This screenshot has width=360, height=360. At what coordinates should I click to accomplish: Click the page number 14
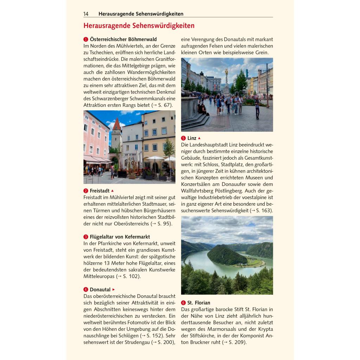tap(86, 14)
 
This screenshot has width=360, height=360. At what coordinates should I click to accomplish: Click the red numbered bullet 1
tap(85, 39)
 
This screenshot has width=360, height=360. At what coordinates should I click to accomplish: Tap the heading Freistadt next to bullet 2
tap(99, 191)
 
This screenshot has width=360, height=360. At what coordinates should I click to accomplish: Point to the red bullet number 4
tap(85, 290)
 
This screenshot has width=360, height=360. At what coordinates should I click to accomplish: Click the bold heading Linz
tap(192, 138)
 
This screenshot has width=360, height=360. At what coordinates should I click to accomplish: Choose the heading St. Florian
tap(199, 303)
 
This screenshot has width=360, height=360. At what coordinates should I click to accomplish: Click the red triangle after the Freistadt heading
tap(112, 191)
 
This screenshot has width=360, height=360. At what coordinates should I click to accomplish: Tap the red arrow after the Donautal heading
tap(114, 289)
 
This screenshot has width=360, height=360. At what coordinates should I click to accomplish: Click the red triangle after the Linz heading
tap(199, 138)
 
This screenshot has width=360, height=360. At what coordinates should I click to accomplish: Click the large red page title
tap(139, 26)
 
